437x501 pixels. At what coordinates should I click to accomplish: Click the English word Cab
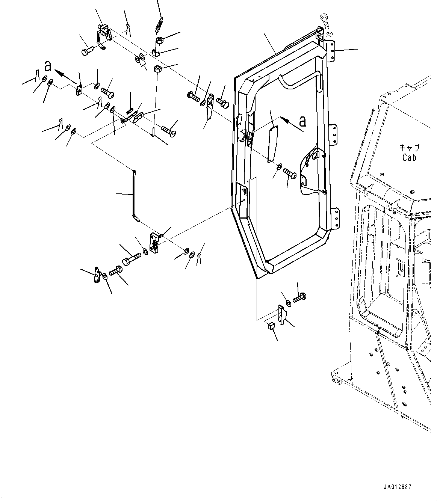pos(409,158)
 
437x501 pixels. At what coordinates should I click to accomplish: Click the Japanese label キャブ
pos(409,148)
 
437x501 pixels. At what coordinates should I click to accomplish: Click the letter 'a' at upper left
pos(48,66)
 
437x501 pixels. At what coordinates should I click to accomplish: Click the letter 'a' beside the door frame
pos(302,121)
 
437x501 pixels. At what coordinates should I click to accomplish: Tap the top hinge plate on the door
pos(331,51)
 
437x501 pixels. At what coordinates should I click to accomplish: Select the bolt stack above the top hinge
pos(325,23)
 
